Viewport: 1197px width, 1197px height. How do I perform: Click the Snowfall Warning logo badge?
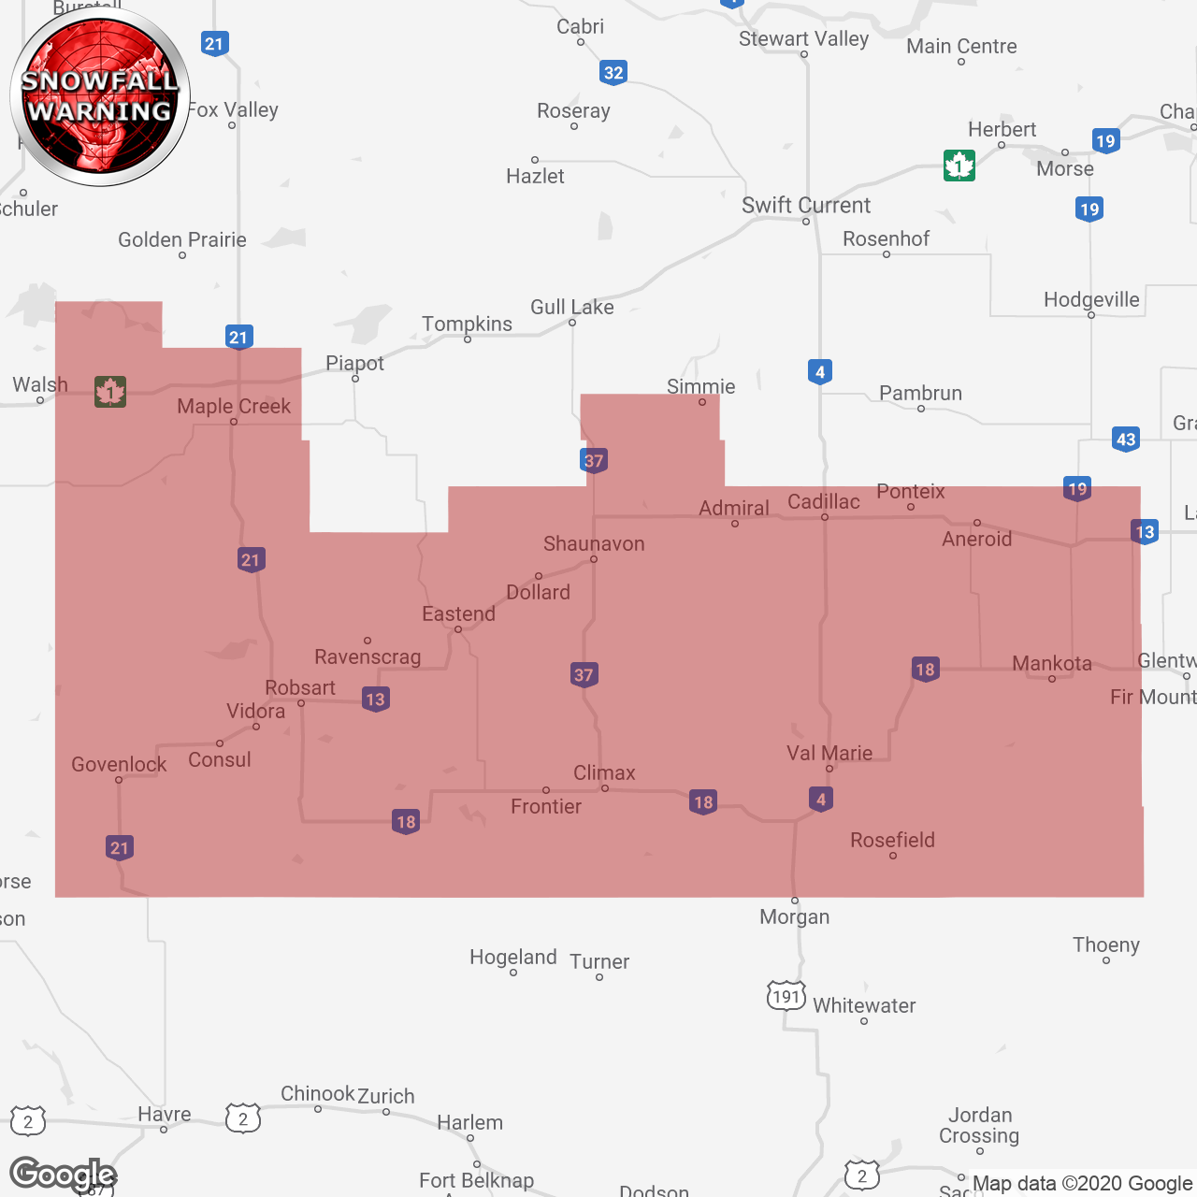coord(100,96)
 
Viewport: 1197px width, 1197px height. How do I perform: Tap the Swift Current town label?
coord(805,206)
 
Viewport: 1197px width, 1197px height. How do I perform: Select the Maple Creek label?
coord(234,406)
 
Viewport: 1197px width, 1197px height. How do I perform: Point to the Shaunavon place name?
coord(594,544)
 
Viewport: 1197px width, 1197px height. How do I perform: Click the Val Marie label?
coord(829,753)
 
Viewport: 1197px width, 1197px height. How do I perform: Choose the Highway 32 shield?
coord(613,72)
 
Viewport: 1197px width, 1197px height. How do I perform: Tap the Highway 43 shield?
coord(1126,439)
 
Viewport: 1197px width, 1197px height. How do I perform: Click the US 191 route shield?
coord(786,996)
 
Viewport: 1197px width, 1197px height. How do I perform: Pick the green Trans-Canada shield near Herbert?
coord(959,166)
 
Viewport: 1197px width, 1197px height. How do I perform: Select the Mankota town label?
coord(1052,664)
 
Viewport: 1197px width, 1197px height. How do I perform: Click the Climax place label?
coord(604,773)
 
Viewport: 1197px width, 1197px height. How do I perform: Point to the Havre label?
coord(165,1114)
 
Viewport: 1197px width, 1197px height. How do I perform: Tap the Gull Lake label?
coord(572,308)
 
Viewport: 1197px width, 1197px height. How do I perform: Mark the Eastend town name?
coord(458,614)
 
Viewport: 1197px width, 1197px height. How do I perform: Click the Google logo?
coord(63,1175)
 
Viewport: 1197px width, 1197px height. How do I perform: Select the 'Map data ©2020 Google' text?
coord(1082,1184)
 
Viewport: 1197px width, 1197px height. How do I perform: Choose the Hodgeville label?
coord(1091,300)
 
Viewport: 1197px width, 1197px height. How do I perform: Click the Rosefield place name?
coord(892,840)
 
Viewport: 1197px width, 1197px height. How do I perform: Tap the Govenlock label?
coord(119,765)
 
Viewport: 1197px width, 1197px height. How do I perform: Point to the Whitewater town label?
coord(864,1006)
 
